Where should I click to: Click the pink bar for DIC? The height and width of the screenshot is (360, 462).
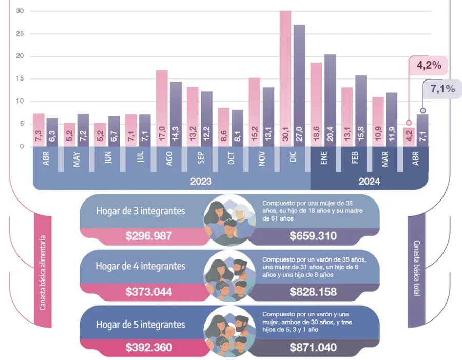(x=285, y=77)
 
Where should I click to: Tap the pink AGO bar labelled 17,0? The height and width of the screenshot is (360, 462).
(x=162, y=108)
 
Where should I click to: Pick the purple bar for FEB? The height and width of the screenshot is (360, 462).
(x=361, y=110)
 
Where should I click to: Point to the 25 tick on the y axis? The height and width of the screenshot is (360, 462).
(x=20, y=34)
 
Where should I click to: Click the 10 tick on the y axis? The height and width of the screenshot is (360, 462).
(x=20, y=101)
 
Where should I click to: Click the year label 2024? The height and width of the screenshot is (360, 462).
(x=369, y=182)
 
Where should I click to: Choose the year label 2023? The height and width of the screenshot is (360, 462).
(x=201, y=182)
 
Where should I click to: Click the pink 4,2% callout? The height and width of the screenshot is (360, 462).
(x=429, y=66)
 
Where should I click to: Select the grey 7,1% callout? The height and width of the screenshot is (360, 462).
(x=442, y=89)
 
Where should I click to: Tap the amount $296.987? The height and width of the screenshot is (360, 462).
(x=149, y=236)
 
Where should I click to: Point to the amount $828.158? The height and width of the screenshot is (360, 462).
(x=313, y=292)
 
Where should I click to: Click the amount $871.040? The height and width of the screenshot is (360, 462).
(x=313, y=348)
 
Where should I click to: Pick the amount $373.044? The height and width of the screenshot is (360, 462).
(x=149, y=292)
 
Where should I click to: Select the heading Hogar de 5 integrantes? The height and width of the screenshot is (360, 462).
(x=140, y=325)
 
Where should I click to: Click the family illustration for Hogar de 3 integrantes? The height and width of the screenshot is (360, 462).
(x=229, y=219)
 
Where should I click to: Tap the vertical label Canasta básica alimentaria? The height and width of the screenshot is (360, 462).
(x=43, y=272)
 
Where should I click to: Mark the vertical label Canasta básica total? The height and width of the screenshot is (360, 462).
(x=416, y=272)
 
